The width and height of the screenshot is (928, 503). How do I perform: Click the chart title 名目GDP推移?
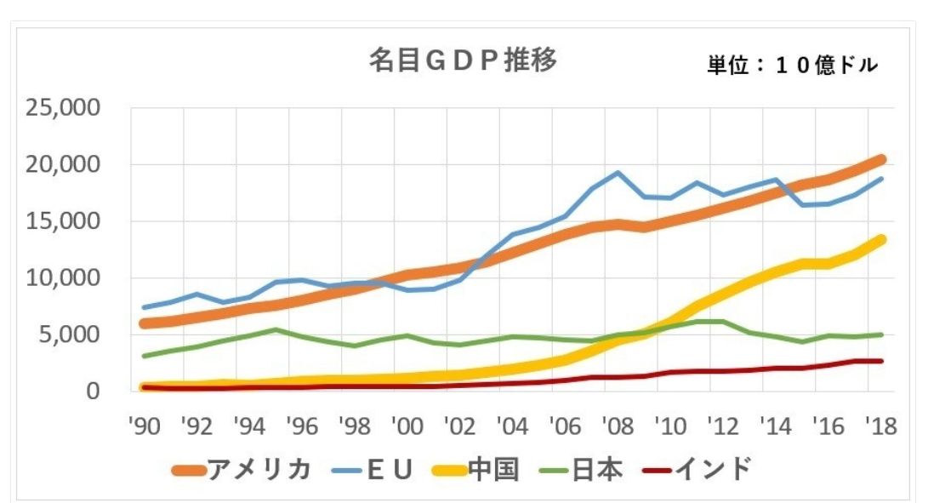[x=463, y=60]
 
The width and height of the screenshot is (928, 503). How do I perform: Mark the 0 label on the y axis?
[x=94, y=391]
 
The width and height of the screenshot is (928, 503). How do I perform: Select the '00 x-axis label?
[x=409, y=426]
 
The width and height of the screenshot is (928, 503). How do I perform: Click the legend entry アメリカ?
[x=265, y=469]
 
